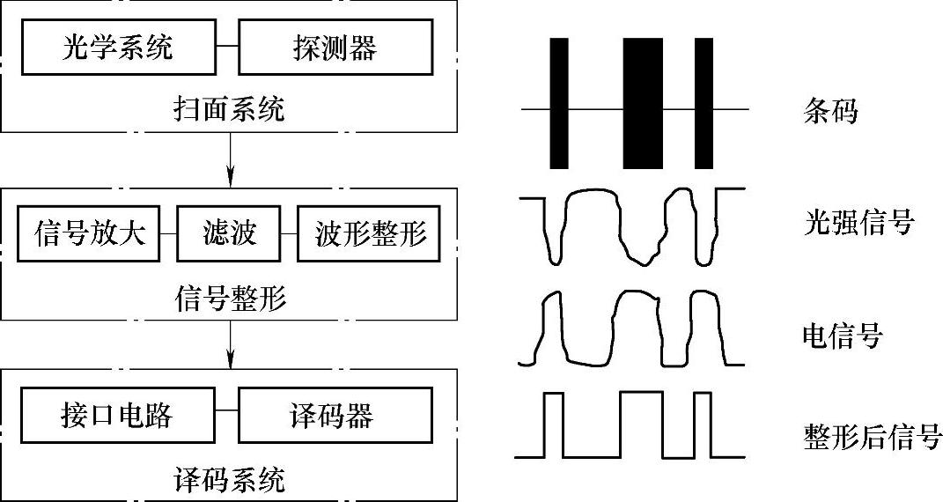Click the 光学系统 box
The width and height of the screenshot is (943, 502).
[x=118, y=47]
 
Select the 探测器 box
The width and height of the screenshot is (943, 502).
[x=334, y=47]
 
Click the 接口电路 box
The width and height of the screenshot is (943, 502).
[x=118, y=416]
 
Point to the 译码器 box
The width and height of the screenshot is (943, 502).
[x=334, y=416]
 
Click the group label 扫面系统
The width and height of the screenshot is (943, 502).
[x=230, y=111]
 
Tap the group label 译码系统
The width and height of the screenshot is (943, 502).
[x=230, y=481]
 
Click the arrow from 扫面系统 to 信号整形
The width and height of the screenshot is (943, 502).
[x=230, y=158]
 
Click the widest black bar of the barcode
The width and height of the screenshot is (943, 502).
[x=643, y=103]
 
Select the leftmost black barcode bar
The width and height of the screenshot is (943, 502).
[x=559, y=103]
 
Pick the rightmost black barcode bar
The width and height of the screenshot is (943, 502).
[x=704, y=103]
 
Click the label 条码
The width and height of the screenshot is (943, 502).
[x=830, y=111]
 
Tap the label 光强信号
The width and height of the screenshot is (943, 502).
[x=858, y=222]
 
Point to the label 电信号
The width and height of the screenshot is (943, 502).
[x=842, y=335]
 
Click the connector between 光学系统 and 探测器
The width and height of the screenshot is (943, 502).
[x=227, y=47]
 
